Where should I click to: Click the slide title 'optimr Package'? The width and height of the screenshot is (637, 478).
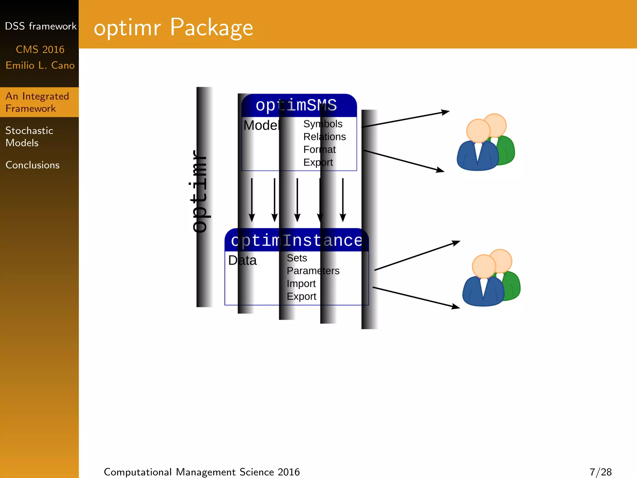click(x=173, y=28)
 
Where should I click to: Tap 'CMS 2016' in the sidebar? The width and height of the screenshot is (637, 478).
click(x=40, y=49)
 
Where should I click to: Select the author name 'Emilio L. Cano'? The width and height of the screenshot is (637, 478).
click(x=40, y=65)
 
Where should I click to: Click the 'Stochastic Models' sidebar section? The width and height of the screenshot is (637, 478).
click(x=29, y=137)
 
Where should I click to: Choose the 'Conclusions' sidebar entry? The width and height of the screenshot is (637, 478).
click(x=32, y=165)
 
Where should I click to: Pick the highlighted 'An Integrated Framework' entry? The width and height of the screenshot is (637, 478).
click(x=37, y=102)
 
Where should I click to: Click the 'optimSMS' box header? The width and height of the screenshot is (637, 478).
click(x=296, y=105)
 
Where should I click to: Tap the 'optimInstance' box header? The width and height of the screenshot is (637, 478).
click(x=296, y=240)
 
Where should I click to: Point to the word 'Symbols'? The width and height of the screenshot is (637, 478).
click(x=323, y=124)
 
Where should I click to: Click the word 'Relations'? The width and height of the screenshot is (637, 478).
click(x=324, y=137)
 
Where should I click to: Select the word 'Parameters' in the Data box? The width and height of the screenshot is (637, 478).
click(x=313, y=271)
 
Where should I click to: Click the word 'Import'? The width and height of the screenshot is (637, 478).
click(x=301, y=284)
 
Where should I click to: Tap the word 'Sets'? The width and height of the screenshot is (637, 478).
click(x=297, y=258)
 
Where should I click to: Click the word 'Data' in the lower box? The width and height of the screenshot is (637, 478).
click(x=242, y=260)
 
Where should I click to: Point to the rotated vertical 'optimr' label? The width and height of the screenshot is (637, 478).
click(x=199, y=192)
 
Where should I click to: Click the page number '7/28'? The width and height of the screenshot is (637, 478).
click(x=600, y=472)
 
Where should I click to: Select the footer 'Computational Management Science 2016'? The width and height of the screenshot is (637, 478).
click(x=202, y=472)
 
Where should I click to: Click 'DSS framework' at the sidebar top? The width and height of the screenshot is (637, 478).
click(x=40, y=26)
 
